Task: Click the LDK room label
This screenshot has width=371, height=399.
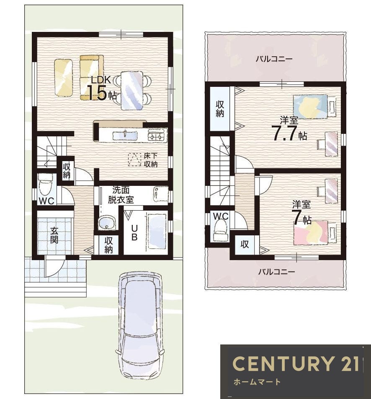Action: click(101, 80)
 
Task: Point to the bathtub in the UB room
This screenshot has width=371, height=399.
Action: click(157, 231)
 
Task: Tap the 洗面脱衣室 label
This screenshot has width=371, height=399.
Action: click(121, 195)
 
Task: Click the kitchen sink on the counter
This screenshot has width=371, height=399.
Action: click(125, 135)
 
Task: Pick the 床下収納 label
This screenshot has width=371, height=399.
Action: click(151, 160)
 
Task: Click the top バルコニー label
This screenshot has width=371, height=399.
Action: click(274, 59)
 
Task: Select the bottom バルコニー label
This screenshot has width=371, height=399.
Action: click(276, 272)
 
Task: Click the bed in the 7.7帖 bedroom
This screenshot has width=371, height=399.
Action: click(310, 107)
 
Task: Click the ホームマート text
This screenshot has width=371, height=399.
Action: click(257, 382)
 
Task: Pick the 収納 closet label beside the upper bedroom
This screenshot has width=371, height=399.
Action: click(220, 109)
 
